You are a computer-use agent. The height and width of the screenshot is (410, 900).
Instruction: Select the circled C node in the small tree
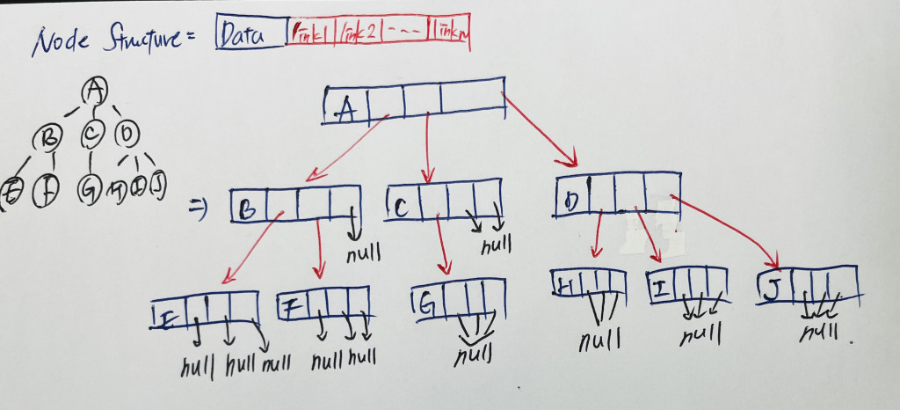tap(92, 135)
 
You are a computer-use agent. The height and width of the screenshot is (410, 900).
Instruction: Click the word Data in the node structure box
tap(247, 39)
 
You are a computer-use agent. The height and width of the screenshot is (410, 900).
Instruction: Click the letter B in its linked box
tap(249, 209)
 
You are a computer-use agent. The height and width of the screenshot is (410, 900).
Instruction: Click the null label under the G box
tap(473, 357)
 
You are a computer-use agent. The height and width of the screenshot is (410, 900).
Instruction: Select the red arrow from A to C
tap(426, 145)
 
